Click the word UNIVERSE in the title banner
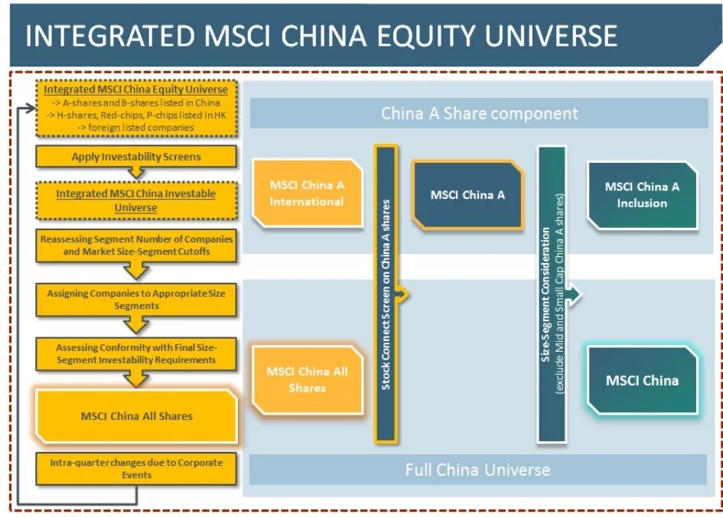coord(551,36)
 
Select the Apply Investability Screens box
coord(136,157)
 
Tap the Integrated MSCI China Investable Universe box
coord(136,200)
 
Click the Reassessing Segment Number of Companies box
coord(136,245)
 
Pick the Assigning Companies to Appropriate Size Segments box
coord(136,300)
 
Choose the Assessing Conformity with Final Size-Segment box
coord(136,354)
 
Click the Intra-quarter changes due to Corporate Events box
coord(136,469)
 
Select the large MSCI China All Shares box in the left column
coord(136,416)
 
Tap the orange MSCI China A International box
coord(307,193)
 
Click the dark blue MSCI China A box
coord(467,195)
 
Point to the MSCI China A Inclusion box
coord(642,195)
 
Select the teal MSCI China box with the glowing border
coord(642,380)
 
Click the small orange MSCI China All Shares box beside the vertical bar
coord(307,379)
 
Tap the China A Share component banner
coord(479,113)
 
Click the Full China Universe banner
coord(477,470)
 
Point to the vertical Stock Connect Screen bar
coord(386,295)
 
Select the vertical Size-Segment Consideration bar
coord(552,295)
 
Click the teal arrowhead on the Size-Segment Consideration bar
coord(574,295)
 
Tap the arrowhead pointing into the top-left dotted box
coord(31,109)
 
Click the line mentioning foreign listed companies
coord(135,128)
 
